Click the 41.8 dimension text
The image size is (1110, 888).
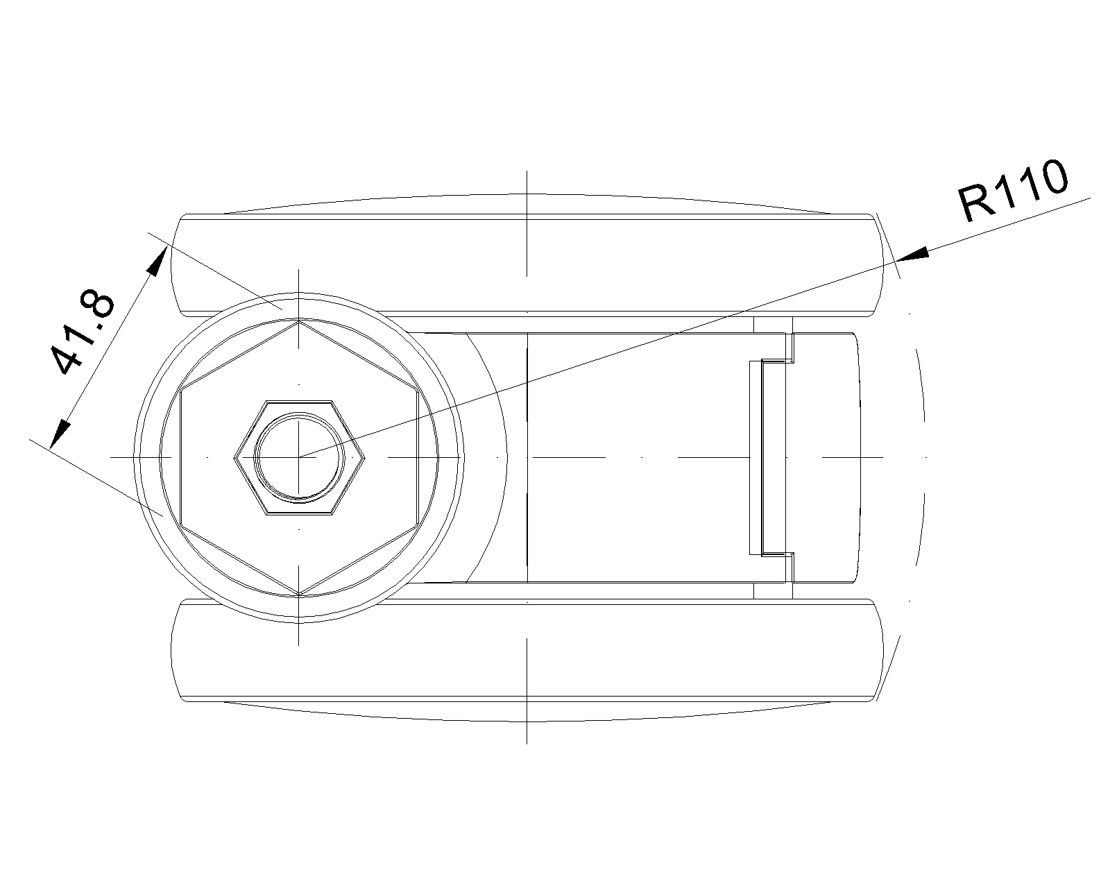coord(83,332)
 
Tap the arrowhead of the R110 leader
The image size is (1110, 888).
coord(913,255)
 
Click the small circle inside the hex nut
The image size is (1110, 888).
coord(299,456)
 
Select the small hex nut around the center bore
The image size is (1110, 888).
coord(299,457)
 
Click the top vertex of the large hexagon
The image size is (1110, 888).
coord(299,321)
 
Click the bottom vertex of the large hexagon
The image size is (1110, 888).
coord(299,594)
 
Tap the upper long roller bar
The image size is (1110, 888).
coord(527,264)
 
